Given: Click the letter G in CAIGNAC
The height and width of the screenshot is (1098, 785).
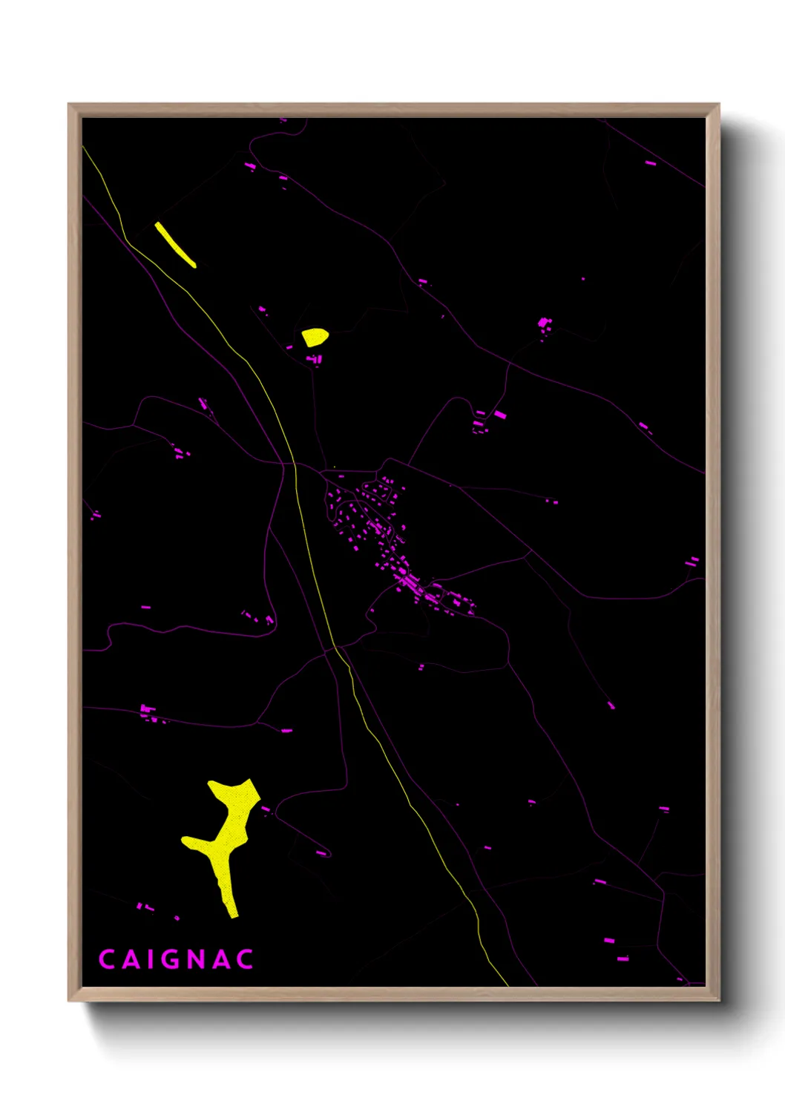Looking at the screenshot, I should (172, 959).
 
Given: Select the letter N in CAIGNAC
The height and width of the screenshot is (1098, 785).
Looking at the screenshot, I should (197, 959).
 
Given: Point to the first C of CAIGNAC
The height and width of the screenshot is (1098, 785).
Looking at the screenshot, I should (106, 959).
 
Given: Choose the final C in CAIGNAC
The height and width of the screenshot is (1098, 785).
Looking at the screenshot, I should (246, 959).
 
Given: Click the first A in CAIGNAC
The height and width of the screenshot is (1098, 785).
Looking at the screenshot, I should (130, 959).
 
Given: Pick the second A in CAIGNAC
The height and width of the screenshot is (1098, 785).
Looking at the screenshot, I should (222, 959).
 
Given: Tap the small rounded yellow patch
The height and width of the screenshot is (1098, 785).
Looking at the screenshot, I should (315, 337).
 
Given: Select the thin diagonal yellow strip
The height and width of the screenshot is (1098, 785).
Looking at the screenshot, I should (175, 244).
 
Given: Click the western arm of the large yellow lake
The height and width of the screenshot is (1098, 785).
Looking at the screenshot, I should (194, 843).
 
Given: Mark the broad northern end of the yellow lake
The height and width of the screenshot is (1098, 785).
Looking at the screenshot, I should (236, 792).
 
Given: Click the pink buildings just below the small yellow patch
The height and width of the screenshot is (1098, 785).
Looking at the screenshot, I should (315, 360).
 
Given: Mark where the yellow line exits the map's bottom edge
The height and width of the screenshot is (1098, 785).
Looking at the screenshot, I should (508, 985).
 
